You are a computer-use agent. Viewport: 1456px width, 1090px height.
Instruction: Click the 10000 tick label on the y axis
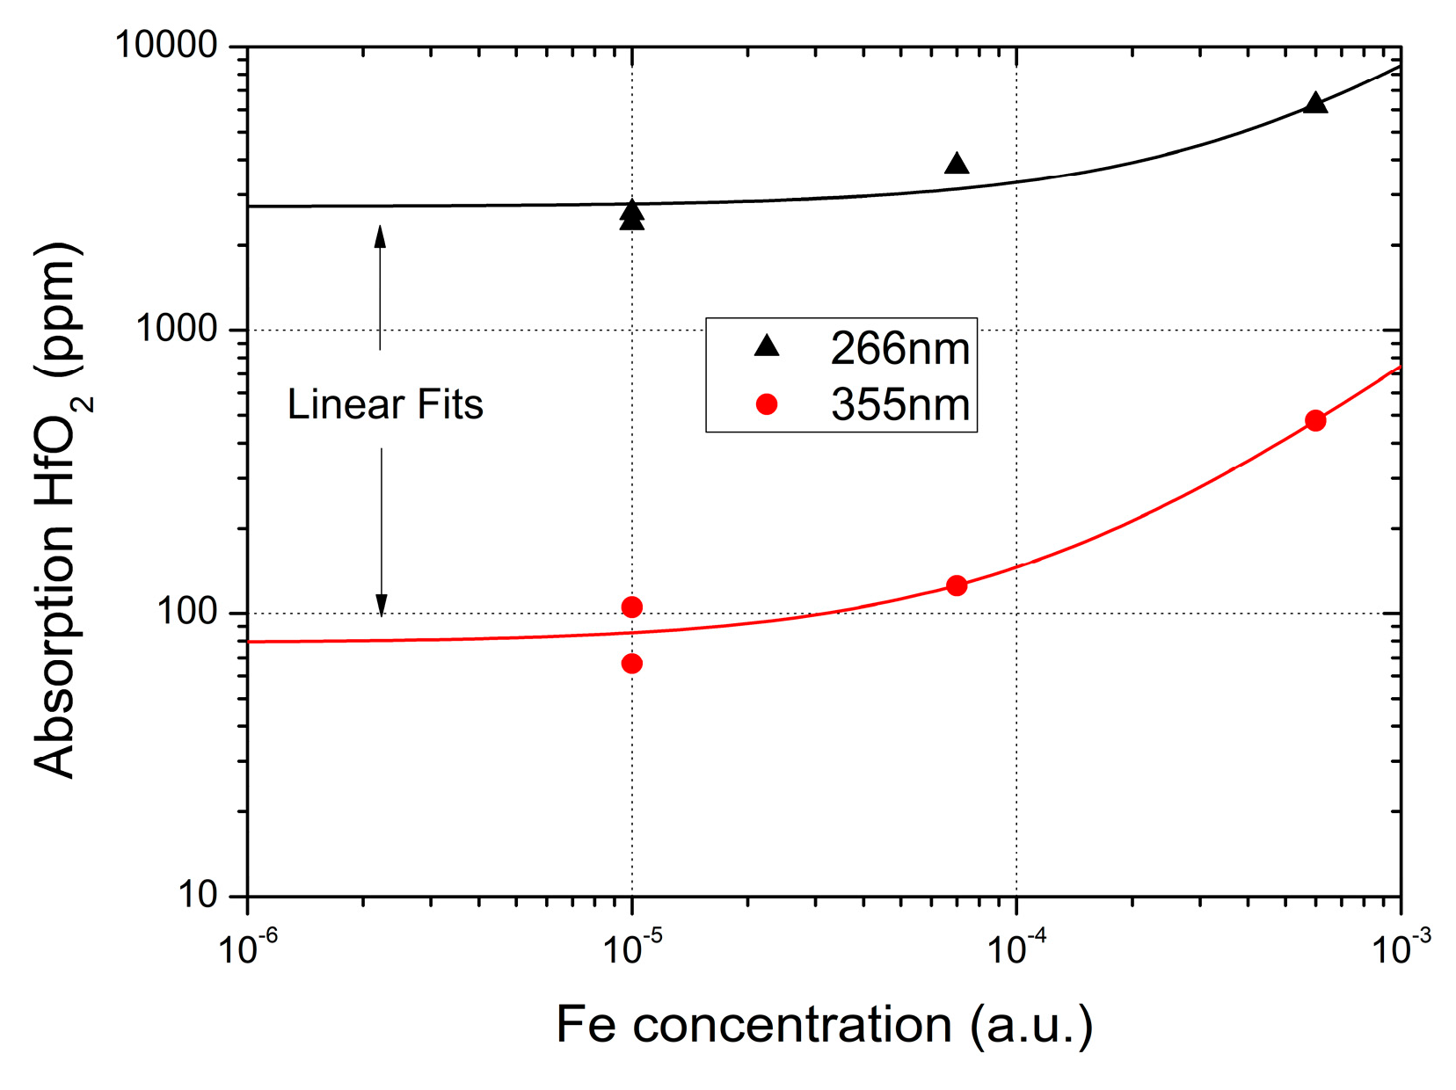(167, 45)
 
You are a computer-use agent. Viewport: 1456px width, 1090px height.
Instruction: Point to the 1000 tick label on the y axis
(177, 329)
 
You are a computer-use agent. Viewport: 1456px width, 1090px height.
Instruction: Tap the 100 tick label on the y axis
(187, 612)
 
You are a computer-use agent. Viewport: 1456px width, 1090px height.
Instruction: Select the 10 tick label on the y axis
(198, 895)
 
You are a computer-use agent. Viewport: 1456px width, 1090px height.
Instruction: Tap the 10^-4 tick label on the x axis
(1016, 948)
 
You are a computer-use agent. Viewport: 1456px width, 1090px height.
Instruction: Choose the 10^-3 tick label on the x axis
(1400, 948)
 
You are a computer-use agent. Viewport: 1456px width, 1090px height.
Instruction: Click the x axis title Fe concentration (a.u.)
(824, 1025)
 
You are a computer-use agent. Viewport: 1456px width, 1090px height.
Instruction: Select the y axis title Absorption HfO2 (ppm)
(58, 510)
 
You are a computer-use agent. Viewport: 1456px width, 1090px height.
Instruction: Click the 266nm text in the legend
(899, 349)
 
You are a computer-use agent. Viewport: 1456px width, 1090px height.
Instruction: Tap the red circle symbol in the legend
(767, 404)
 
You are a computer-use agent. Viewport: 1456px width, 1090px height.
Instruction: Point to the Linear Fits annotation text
(385, 405)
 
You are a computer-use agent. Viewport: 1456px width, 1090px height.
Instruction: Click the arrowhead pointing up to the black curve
(380, 235)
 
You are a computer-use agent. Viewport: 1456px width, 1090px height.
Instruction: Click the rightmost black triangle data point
(1314, 103)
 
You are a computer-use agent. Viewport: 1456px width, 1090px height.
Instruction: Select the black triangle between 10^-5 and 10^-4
(957, 163)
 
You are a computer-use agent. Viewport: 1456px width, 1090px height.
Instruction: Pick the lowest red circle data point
(631, 664)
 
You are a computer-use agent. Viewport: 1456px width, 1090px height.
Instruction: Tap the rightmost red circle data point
(1315, 420)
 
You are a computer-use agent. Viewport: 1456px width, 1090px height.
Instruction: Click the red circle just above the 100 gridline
(631, 607)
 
